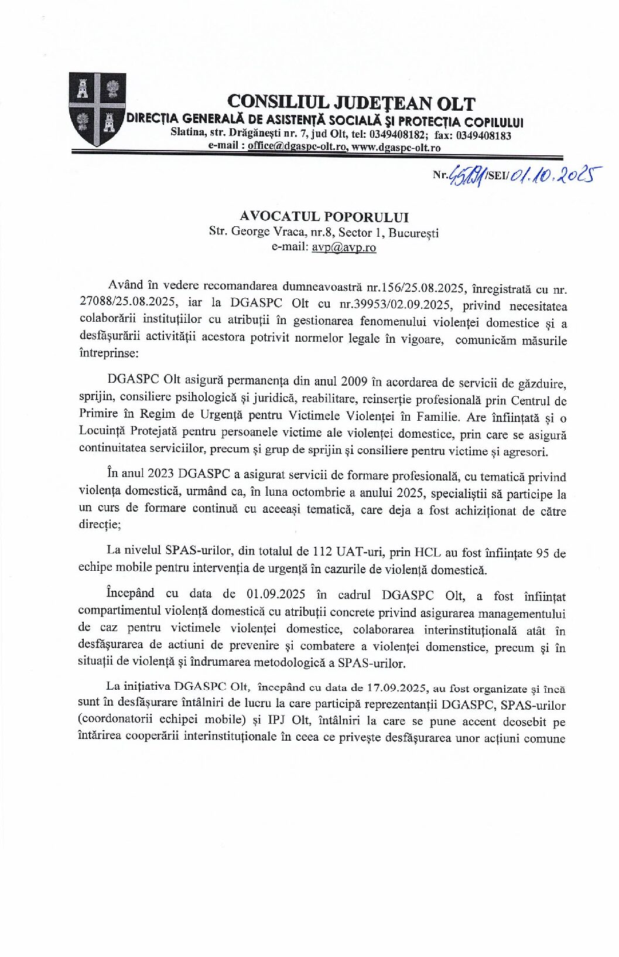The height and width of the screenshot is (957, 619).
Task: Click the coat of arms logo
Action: tap(97, 109)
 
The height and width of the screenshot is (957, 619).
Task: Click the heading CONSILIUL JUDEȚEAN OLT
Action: tap(351, 103)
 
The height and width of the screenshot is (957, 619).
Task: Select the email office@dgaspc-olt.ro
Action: tap(297, 147)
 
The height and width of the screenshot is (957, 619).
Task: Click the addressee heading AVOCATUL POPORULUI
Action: tap(324, 217)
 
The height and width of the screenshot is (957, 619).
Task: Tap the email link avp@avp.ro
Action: tap(344, 247)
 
